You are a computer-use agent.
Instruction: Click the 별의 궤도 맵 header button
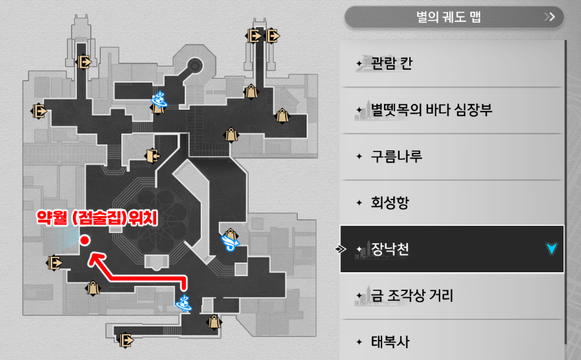453,17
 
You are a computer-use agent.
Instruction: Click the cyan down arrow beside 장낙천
551,249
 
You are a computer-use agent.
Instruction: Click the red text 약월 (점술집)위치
97,219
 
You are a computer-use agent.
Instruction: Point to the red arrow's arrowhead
95,257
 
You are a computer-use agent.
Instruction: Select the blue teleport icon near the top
159,99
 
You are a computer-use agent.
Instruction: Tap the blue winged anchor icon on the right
230,241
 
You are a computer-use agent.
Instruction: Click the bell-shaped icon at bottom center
213,321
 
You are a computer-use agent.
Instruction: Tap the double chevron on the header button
549,17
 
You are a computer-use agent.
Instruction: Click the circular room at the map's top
194,66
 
